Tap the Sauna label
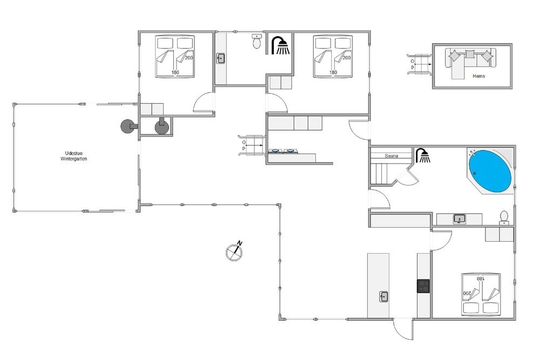[x=391, y=156]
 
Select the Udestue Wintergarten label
[x=73, y=156]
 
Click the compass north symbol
[x=234, y=251]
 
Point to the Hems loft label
[x=478, y=76]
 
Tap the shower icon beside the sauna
[x=423, y=155]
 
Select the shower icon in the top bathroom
[x=280, y=45]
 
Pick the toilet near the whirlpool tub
[x=504, y=218]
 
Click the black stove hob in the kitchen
[x=423, y=286]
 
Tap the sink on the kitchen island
[x=383, y=296]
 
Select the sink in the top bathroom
[x=221, y=58]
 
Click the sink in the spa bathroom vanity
[x=460, y=219]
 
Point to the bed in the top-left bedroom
[x=175, y=56]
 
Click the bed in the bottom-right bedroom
[x=481, y=295]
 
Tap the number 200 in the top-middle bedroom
[x=347, y=58]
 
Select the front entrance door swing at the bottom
[x=403, y=329]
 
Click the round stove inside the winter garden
[x=128, y=126]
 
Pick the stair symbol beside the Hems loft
[x=419, y=64]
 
